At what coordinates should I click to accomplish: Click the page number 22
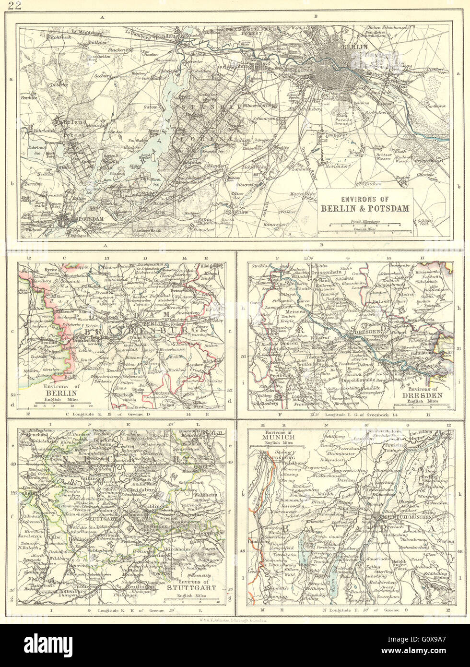[14, 6]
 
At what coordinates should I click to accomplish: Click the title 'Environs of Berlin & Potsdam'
[365, 204]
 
